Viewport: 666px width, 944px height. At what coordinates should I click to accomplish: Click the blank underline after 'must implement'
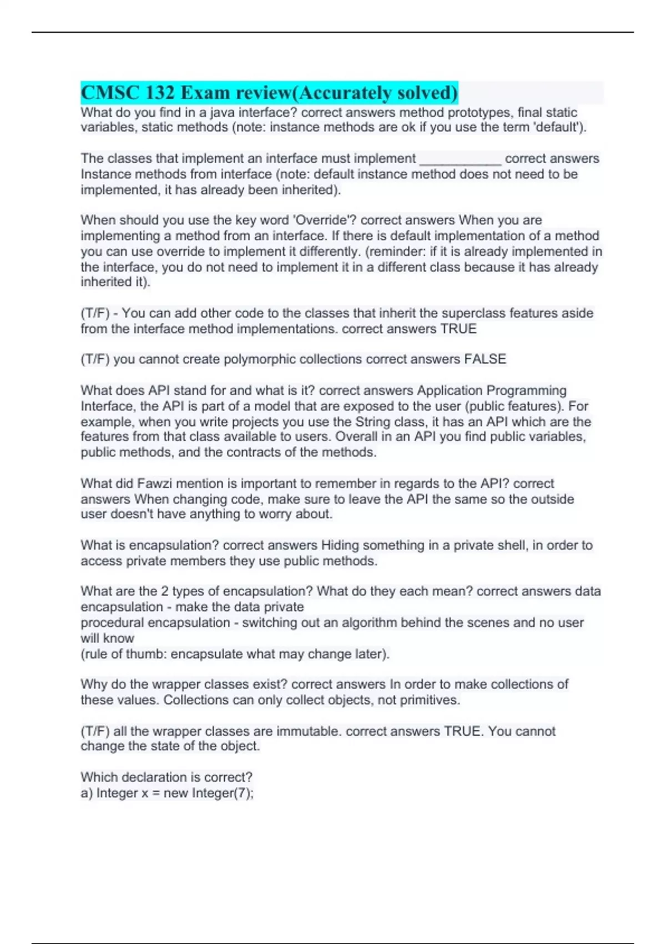point(460,159)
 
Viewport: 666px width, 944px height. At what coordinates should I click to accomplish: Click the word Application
point(450,390)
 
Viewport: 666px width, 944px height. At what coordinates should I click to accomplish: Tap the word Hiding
point(340,545)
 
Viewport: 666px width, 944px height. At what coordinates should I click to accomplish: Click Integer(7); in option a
point(223,793)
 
